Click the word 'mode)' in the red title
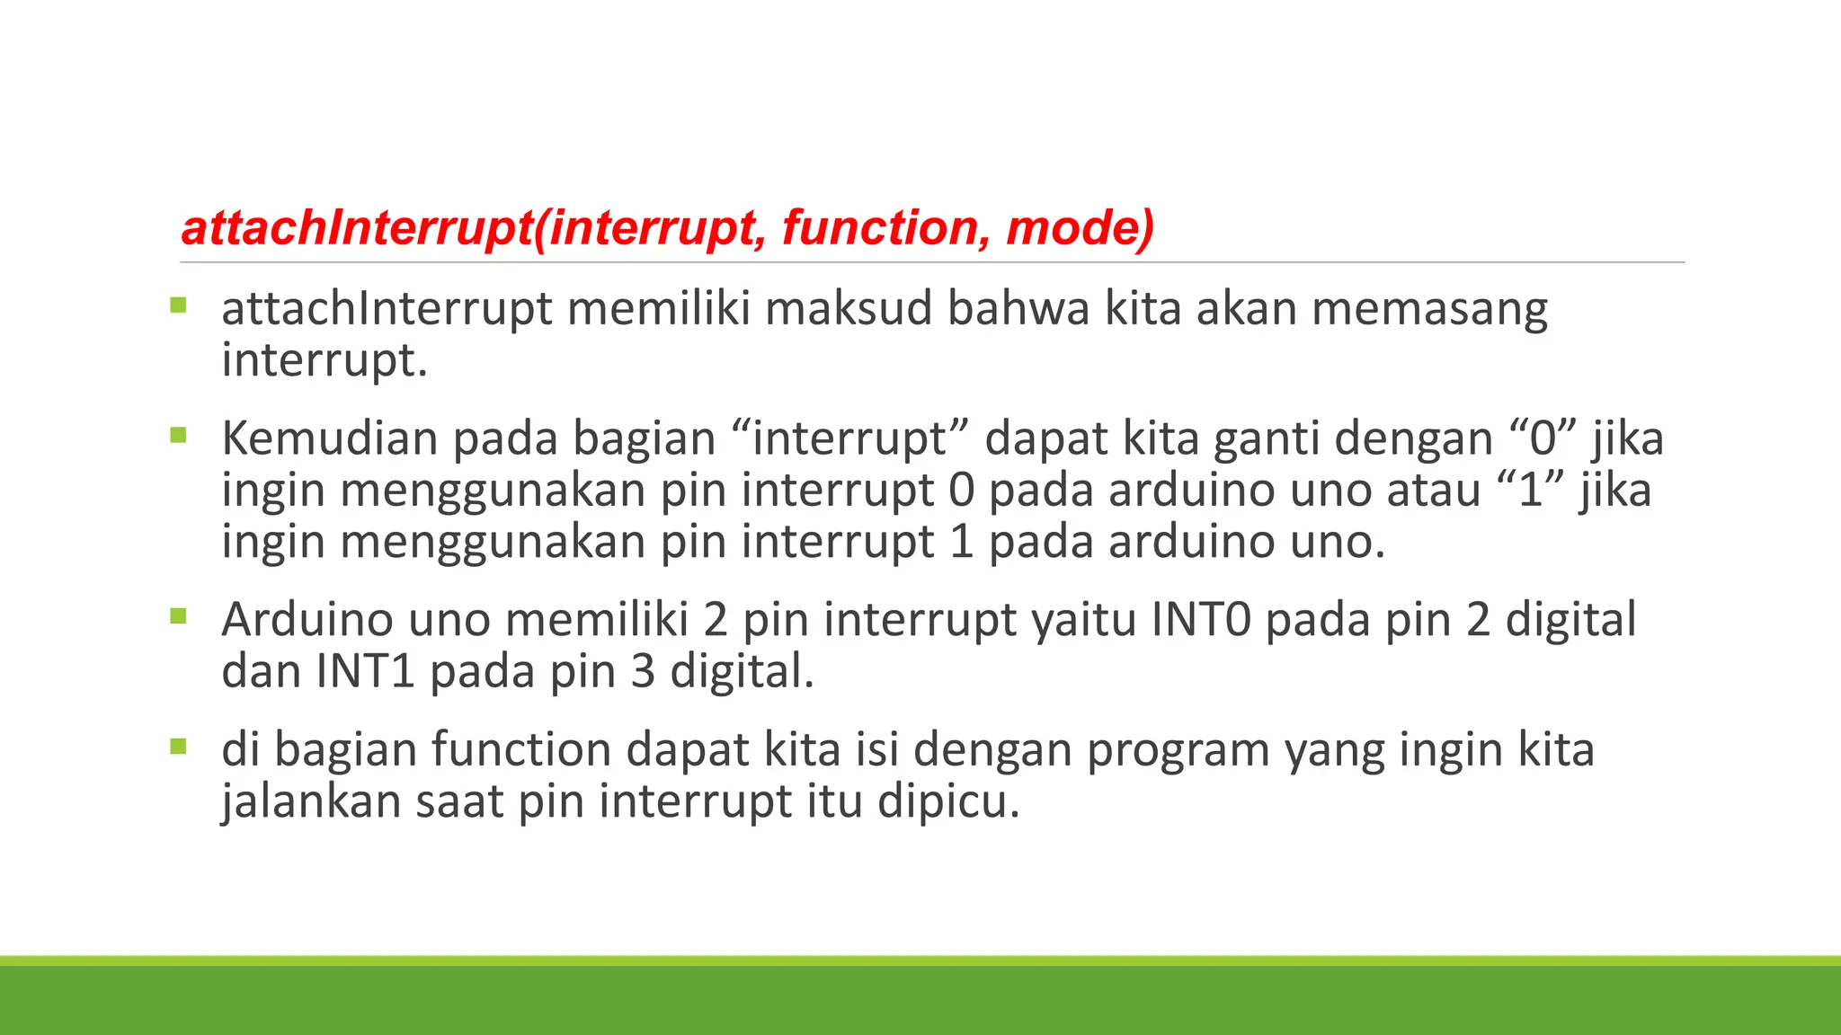(x=1080, y=228)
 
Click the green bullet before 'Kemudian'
(x=178, y=436)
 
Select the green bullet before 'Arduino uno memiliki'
(x=178, y=616)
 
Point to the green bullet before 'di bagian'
(x=178, y=746)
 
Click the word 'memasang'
(x=1429, y=310)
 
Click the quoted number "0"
(x=1543, y=439)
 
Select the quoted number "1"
(x=1530, y=491)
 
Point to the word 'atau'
(x=1433, y=491)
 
